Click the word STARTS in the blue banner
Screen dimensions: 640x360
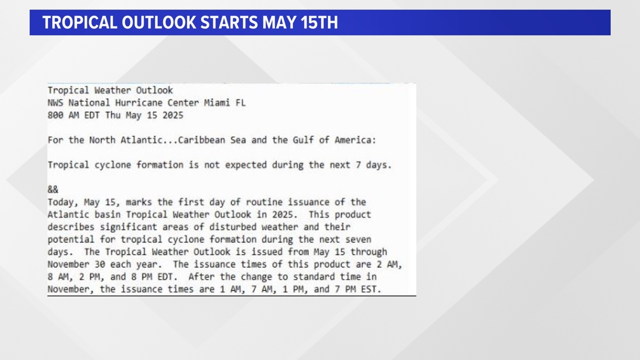coord(229,22)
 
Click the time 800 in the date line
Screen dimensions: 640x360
coord(55,116)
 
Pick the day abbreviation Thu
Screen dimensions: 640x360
coord(113,116)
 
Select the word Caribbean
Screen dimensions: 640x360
coord(201,140)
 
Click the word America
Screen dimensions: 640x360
coord(354,140)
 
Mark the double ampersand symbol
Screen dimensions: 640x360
coord(53,190)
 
